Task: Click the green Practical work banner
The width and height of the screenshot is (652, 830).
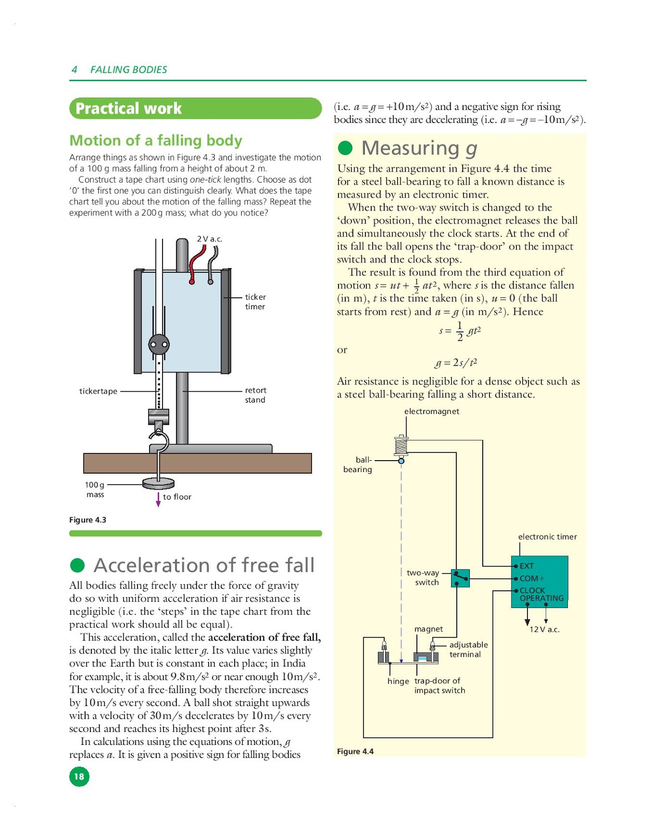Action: coord(195,108)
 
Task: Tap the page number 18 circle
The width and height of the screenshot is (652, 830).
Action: coord(79,777)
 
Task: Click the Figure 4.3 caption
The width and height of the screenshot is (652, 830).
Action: coord(88,520)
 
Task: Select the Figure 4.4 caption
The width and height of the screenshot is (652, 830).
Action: coord(355,751)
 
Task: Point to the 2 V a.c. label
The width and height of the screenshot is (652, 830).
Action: coord(209,239)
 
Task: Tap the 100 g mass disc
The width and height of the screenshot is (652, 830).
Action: coord(158,483)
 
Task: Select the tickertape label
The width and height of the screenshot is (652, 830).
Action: coord(98,391)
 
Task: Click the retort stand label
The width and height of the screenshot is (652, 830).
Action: coord(255,395)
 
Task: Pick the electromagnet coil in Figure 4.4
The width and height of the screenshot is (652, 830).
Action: coord(401,446)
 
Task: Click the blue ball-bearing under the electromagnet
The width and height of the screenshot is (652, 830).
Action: coord(401,461)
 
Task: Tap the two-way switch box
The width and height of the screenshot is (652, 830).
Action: coord(460,578)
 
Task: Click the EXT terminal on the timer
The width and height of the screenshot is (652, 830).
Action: coord(526,566)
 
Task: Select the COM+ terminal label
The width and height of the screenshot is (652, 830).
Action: coord(532,578)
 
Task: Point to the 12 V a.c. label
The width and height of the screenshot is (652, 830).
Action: coord(544,629)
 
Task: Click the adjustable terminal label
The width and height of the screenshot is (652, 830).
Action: coord(468,649)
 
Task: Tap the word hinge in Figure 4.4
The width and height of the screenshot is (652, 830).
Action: coord(398,681)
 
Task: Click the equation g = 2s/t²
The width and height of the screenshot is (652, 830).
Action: coord(456,362)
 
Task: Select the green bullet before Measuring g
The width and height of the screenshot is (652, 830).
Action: coord(345,148)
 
